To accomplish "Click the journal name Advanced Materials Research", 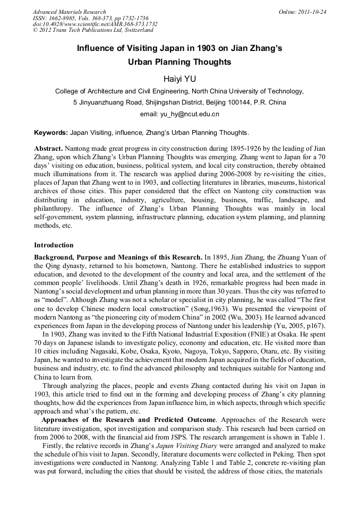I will click(x=70, y=12).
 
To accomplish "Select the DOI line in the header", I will click(x=95, y=24).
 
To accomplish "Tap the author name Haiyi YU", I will click(x=179, y=79).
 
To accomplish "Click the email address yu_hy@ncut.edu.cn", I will click(x=179, y=114).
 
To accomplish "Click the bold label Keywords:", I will click(x=51, y=132).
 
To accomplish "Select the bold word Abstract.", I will click(x=48, y=148).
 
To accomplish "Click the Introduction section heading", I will click(x=54, y=245).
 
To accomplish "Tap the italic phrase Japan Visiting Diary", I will click(x=186, y=446).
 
